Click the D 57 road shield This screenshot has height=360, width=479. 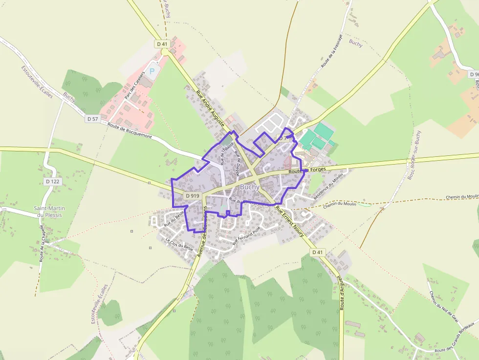tap(92, 119)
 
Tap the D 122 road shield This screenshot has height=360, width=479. tap(52, 182)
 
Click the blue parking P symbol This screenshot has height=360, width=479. tap(152, 71)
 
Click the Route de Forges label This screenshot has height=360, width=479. tap(307, 170)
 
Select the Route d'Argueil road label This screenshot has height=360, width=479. tap(341, 293)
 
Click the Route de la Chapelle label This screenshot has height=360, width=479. tap(43, 243)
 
